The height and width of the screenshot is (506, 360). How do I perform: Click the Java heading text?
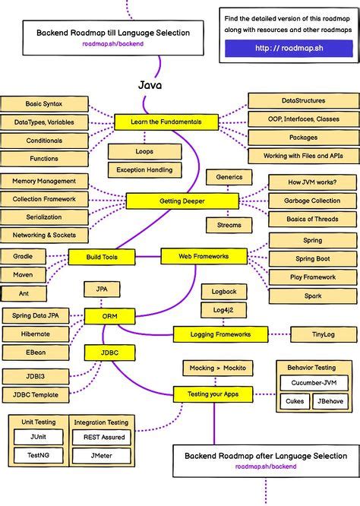[150, 85]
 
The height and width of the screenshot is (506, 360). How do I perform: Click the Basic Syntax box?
[44, 103]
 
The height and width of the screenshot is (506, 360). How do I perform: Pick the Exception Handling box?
[145, 169]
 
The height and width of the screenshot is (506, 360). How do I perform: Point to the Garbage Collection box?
[312, 201]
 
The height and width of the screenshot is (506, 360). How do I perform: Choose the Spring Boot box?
[312, 258]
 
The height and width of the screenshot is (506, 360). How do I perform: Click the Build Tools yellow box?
[99, 257]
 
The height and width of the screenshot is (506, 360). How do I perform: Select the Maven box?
[24, 274]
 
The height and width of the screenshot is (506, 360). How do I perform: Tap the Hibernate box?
[36, 334]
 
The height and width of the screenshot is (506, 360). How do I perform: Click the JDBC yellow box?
[109, 353]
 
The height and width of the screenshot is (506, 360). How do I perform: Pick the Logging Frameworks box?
[220, 334]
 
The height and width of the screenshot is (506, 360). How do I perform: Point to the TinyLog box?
[324, 334]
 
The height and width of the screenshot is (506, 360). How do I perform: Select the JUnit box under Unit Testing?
[38, 437]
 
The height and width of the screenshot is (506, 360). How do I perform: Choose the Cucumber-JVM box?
[312, 382]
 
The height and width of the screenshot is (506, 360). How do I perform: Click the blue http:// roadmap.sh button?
[289, 49]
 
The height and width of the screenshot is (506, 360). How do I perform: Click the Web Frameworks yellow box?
[204, 257]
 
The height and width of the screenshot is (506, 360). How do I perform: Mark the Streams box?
[229, 225]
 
